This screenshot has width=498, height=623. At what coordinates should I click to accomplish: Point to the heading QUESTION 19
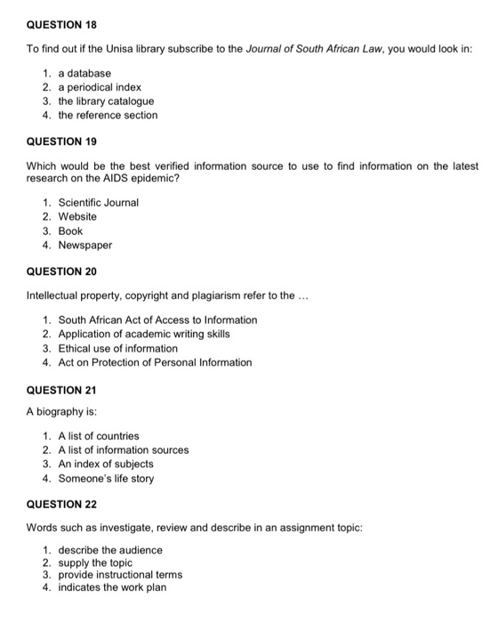coord(60,142)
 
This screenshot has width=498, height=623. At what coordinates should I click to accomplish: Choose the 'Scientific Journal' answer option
coord(99,202)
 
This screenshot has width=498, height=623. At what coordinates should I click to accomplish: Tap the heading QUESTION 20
coord(60,271)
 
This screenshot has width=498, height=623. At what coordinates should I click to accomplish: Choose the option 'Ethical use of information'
coord(117,348)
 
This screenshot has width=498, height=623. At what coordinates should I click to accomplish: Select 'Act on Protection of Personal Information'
coord(155,362)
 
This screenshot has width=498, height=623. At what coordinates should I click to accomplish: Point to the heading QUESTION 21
coord(60,390)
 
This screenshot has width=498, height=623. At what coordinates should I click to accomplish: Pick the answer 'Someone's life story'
coord(106,478)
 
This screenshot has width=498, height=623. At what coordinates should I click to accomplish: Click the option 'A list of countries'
coord(99,435)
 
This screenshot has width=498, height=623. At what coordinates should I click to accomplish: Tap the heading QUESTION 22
coord(60,505)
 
